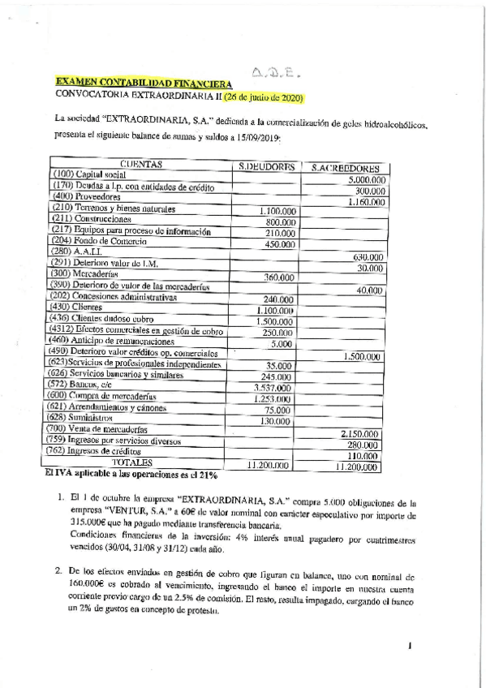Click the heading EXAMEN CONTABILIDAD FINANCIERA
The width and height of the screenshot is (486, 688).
[143, 84]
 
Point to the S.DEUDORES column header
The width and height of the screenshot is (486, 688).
[265, 166]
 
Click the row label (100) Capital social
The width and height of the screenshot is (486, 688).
[88, 175]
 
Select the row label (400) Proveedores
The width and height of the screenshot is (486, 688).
[86, 197]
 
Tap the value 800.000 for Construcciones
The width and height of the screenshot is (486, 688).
[280, 222]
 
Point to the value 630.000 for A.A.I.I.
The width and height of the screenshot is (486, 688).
[369, 257]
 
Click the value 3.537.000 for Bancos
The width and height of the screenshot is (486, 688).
[273, 389]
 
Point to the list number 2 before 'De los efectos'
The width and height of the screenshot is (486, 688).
[59, 570]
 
